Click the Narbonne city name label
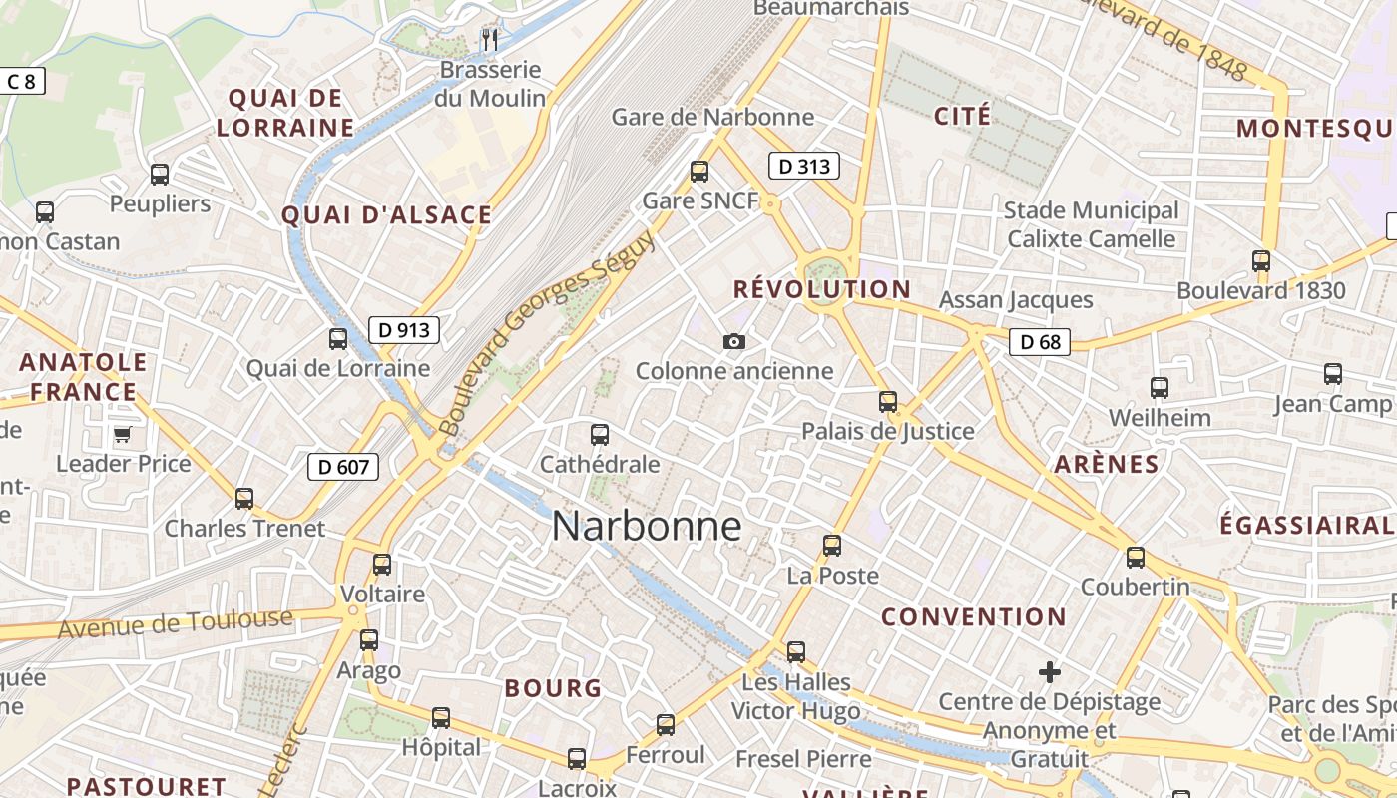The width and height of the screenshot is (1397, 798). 647,526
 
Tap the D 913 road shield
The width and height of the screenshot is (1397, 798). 404,329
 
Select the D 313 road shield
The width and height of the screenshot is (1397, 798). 803,167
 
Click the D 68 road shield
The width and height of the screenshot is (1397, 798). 1039,342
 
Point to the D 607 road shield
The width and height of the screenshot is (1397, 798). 343,466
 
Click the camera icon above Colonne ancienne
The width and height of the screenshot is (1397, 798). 734,342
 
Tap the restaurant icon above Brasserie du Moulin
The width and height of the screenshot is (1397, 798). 489,40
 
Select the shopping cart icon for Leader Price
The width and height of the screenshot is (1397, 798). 122,434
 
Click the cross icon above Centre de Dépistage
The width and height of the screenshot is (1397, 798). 1049,672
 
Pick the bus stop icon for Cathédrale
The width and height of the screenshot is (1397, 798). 600,435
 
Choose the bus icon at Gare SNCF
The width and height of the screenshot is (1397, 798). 699,172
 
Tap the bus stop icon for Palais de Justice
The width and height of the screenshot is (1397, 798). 888,402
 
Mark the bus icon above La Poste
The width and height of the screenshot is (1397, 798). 832,546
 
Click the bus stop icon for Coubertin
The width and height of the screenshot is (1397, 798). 1136,558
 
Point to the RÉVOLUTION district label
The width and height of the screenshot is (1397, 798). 821,289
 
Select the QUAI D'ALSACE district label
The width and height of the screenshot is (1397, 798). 386,214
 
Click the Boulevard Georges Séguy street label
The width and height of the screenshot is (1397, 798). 547,332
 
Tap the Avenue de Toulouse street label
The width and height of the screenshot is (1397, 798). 175,623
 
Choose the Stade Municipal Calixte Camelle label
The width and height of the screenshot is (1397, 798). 1091,224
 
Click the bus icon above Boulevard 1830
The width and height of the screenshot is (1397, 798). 1261,261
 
